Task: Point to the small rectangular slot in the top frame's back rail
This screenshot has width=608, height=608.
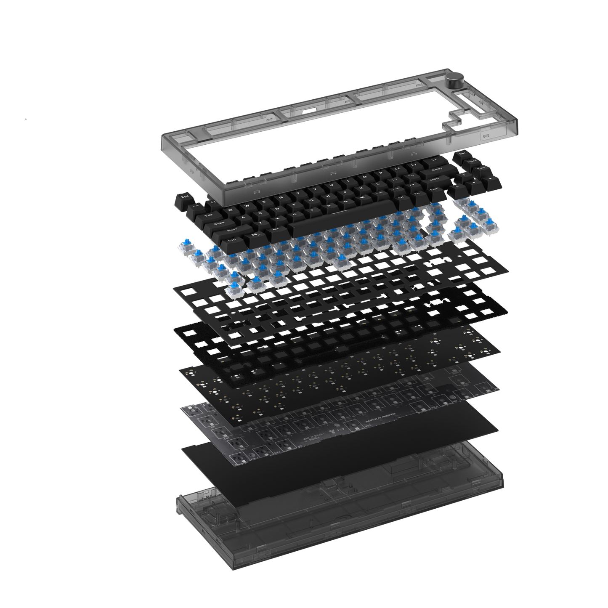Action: coord(310,111)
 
